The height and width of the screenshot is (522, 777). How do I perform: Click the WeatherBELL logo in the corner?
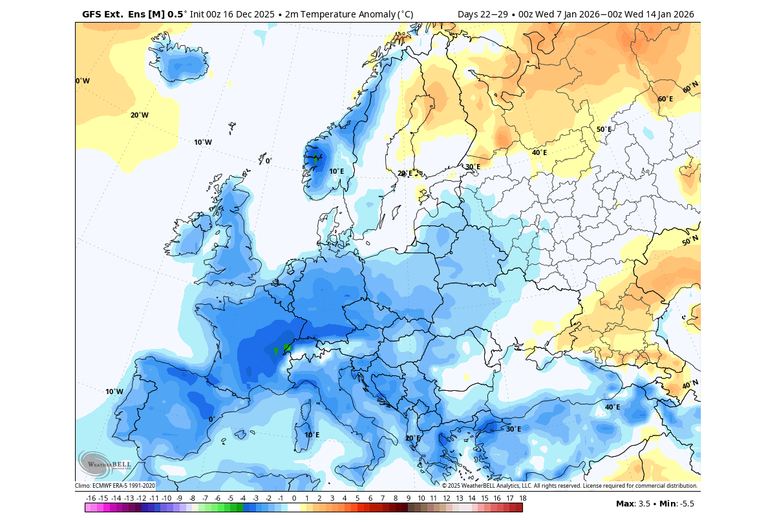(105, 463)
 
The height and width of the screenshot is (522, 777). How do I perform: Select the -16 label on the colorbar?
(90, 498)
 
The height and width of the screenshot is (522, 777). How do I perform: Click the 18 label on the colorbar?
(522, 498)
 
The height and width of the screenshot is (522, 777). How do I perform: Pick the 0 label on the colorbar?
(293, 498)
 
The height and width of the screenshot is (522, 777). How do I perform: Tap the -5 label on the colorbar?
(230, 498)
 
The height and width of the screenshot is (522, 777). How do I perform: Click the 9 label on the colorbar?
(408, 498)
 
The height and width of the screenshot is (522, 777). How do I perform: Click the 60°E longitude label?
(665, 99)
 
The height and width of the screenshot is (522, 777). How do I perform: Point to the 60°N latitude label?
(690, 87)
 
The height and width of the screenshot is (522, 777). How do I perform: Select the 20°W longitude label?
(140, 115)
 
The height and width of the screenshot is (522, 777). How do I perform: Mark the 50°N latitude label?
(690, 241)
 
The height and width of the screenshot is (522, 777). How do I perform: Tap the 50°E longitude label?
(604, 129)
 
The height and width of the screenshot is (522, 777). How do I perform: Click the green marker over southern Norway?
(315, 158)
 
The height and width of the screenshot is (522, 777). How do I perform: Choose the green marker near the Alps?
(287, 348)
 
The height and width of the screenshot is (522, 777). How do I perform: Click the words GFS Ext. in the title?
(101, 14)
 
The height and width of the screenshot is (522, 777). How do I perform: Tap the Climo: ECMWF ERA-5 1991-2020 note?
(115, 486)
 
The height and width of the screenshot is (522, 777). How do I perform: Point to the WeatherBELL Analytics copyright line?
(569, 486)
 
